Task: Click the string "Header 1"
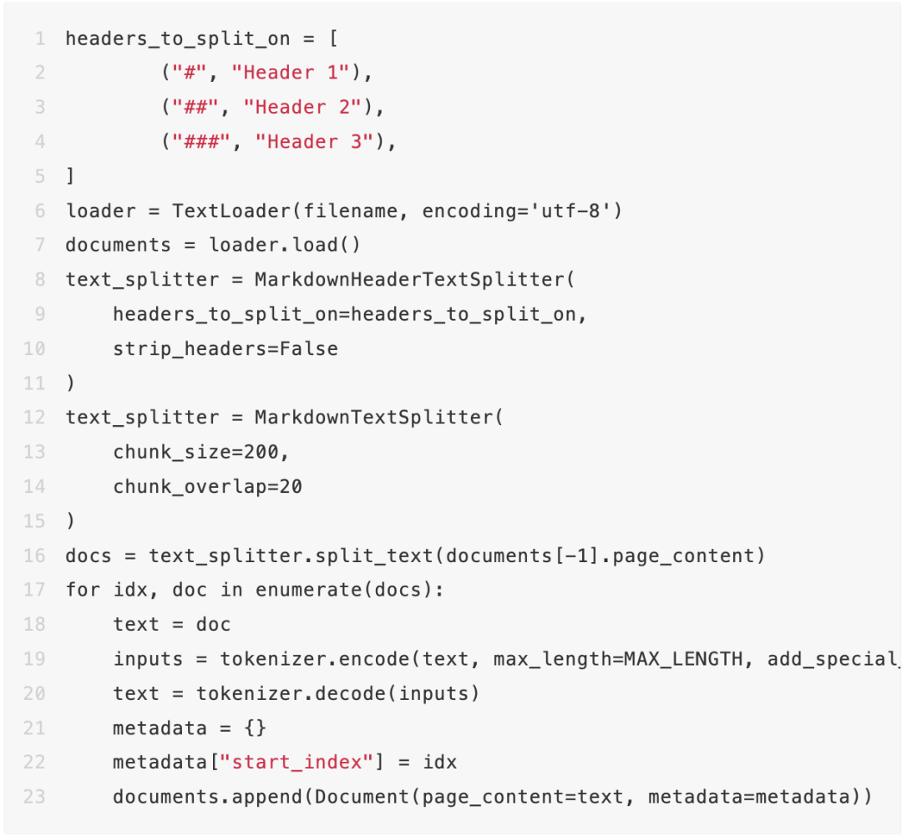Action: [x=290, y=73]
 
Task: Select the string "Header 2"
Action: [x=302, y=107]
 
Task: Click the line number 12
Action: [x=34, y=417]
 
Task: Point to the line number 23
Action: [x=34, y=796]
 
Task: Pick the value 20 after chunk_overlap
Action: [x=291, y=486]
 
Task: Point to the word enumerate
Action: [x=314, y=590]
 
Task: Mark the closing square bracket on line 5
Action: [x=70, y=176]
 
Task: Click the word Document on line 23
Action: [x=362, y=796]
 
